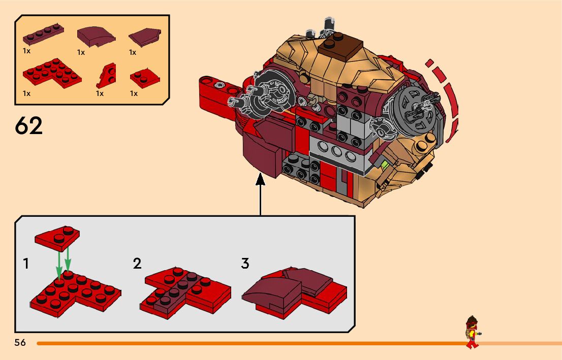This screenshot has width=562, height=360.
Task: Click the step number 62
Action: [x=29, y=125]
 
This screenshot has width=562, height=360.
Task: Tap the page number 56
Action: [x=20, y=342]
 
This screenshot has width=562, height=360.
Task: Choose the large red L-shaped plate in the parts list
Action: [x=51, y=73]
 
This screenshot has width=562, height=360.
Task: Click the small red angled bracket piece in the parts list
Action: [x=107, y=76]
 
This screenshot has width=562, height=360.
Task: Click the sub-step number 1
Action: [x=26, y=264]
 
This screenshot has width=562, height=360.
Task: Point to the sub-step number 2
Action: [x=137, y=264]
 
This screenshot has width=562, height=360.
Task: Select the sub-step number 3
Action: [x=245, y=264]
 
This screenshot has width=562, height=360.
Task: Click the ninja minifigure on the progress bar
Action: [x=473, y=333]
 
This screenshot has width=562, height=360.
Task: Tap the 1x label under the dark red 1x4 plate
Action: [x=27, y=50]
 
